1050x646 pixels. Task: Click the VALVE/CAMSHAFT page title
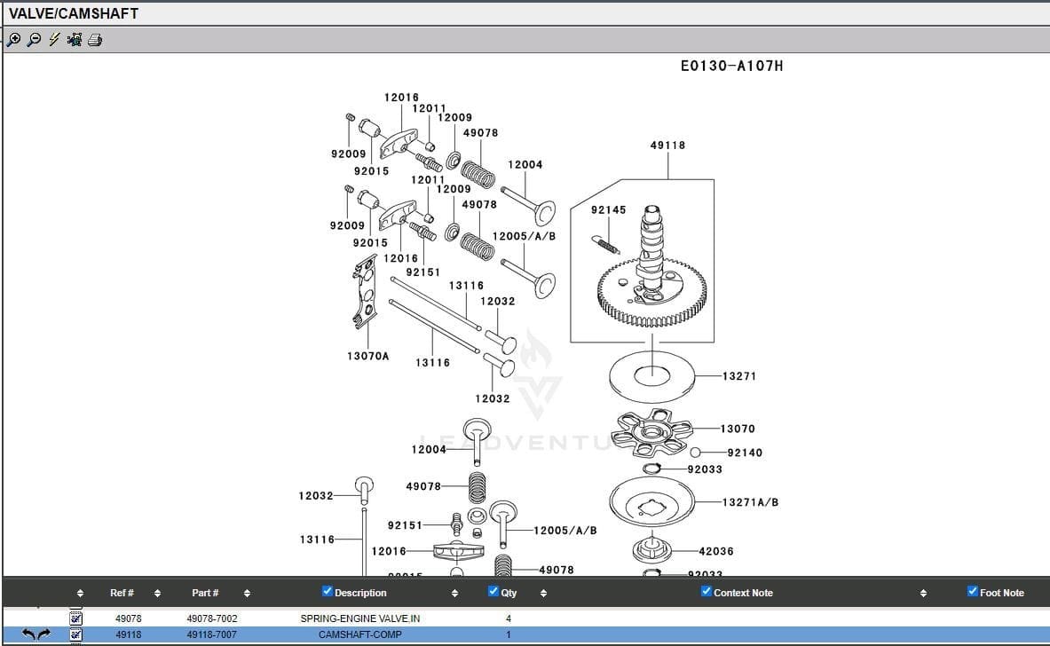[x=74, y=14]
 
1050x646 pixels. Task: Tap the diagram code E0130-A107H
[x=731, y=66]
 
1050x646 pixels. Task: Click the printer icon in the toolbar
[x=95, y=40]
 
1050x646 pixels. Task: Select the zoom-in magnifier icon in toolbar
[x=13, y=40]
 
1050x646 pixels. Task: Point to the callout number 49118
[x=667, y=146]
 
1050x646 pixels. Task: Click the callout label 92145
[x=608, y=210]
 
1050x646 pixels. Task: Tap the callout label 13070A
[x=367, y=356]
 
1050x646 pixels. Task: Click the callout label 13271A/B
[x=750, y=502]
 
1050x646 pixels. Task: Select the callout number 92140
[x=745, y=453]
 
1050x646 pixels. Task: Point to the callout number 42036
[x=716, y=551]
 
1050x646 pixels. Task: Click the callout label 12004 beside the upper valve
[x=525, y=165]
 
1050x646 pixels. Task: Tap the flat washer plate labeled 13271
[x=651, y=376]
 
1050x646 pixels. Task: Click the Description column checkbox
[x=328, y=592]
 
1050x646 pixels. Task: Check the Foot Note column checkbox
[x=973, y=592]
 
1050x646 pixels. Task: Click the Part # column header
[x=205, y=593]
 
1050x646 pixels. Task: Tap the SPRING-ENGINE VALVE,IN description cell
[x=359, y=618]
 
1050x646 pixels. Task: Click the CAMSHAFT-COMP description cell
[x=359, y=634]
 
